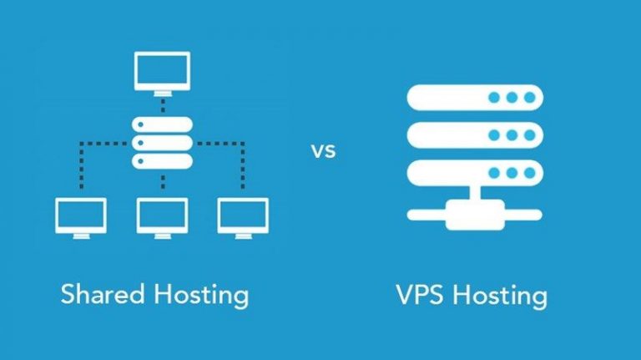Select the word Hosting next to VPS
coord(500,296)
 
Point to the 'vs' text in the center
coord(323,152)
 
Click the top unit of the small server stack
coord(162,124)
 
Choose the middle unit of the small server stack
coord(162,143)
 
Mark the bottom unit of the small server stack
coord(162,161)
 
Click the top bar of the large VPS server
coord(474,98)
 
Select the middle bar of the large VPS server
coord(474,135)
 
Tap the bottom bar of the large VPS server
coord(474,173)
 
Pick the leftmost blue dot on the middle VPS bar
coord(494,135)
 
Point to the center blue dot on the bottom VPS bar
coord(511,173)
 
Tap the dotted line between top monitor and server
coord(162,104)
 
